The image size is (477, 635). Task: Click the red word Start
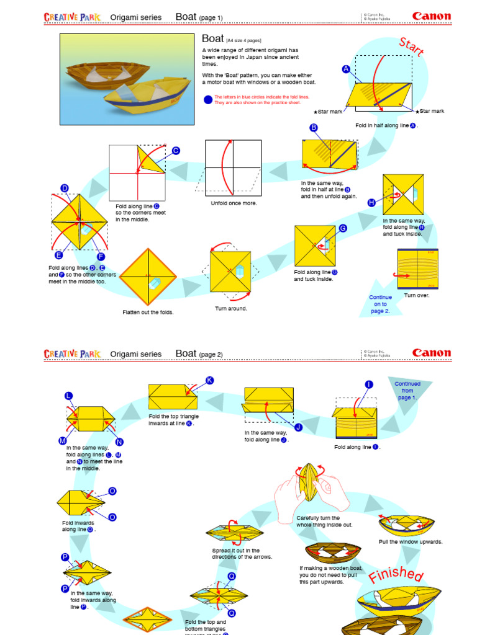click(411, 48)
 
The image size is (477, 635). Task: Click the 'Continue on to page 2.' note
click(380, 304)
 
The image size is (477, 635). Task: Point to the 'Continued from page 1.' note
click(407, 391)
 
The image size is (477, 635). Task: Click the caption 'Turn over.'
click(417, 295)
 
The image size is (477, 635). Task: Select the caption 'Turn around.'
click(231, 308)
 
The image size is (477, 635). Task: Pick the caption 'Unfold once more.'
click(234, 203)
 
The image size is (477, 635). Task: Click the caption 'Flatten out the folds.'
click(148, 312)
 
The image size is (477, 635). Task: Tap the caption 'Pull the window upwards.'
click(411, 541)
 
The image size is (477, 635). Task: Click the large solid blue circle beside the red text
click(207, 100)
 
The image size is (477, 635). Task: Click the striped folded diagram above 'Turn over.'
click(417, 269)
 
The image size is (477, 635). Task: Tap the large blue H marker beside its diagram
click(371, 203)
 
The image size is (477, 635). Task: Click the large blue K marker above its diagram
click(209, 380)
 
